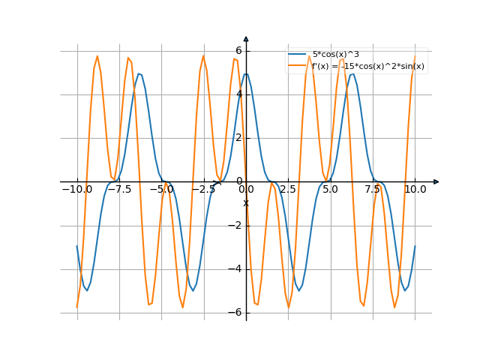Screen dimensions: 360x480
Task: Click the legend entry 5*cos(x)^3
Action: [336, 55]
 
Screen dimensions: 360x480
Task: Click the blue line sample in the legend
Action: [298, 55]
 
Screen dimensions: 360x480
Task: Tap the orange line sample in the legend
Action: [298, 66]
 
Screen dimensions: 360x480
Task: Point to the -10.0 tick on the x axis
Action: [76, 190]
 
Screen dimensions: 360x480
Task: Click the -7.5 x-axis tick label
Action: [118, 190]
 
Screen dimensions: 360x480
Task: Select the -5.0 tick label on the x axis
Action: [161, 190]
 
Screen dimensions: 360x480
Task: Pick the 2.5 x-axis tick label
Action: [288, 190]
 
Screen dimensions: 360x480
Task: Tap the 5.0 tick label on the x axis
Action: [331, 190]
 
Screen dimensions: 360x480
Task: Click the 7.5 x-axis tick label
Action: [373, 190]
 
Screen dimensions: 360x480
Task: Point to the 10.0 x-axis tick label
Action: [415, 190]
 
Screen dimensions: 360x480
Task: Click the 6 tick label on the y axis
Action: [238, 51]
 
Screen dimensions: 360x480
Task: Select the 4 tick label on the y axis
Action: [238, 94]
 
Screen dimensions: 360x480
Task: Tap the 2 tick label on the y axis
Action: [238, 138]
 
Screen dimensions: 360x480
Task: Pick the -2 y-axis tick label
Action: [236, 226]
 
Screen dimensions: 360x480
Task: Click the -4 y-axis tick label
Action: [236, 269]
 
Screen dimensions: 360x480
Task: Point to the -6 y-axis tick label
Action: [236, 313]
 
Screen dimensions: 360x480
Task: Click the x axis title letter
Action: [245, 203]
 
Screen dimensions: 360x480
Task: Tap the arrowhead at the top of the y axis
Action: [246, 38]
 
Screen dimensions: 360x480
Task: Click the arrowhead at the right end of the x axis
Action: [436, 181]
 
